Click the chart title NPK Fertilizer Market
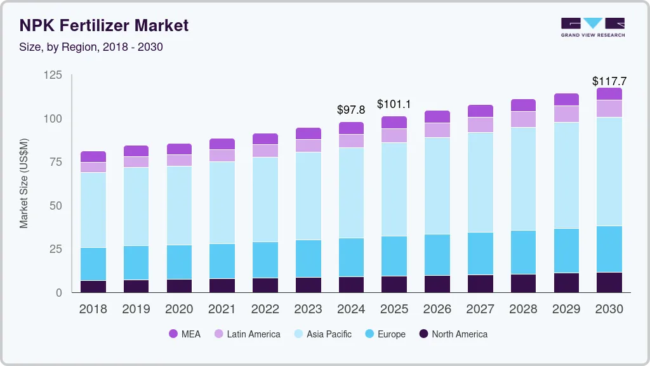(x=104, y=25)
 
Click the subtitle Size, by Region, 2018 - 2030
(x=91, y=47)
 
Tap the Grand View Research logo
(x=592, y=27)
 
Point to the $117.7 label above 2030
(x=609, y=81)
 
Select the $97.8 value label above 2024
(x=351, y=110)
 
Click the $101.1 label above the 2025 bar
(x=394, y=104)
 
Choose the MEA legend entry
(x=185, y=334)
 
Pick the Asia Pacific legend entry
(x=322, y=334)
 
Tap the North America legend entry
(x=453, y=334)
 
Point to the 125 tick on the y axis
(x=53, y=76)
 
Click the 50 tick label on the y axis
(x=56, y=206)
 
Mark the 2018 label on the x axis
(x=93, y=309)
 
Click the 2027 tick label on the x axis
(x=481, y=309)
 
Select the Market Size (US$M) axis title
(x=24, y=183)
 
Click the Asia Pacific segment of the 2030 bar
(x=609, y=172)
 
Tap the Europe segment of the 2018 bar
(x=93, y=264)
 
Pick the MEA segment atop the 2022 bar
(x=265, y=139)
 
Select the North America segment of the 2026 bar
(x=437, y=283)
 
